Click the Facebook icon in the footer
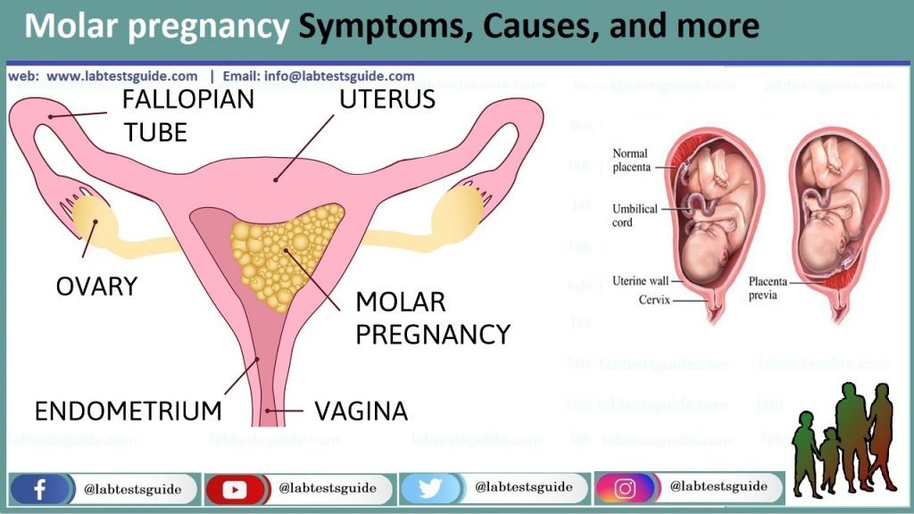[x=39, y=489]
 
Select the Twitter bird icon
[x=429, y=488]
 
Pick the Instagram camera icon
[x=624, y=488]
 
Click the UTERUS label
[x=387, y=99]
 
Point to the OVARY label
[x=96, y=286]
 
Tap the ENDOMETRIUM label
[x=129, y=410]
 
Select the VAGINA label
[x=361, y=410]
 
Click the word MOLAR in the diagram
[x=401, y=302]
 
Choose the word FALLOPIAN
[x=188, y=99]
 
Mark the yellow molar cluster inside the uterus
[x=285, y=254]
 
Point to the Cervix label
[x=654, y=300]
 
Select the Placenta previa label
[x=768, y=288]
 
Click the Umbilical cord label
[x=635, y=215]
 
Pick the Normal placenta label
[x=631, y=161]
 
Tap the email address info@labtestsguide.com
[x=339, y=77]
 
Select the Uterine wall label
[x=640, y=281]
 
